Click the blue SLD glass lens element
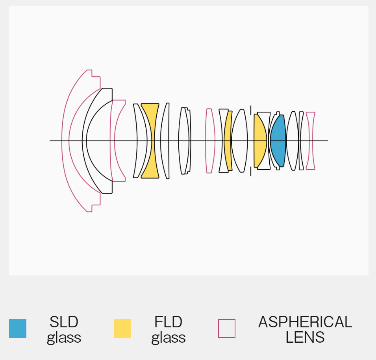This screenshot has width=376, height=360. coord(278,141)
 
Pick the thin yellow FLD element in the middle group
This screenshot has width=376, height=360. coord(228,141)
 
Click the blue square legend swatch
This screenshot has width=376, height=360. coord(18,329)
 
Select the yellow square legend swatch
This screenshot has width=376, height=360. coord(122,329)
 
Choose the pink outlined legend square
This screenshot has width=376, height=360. coord(227,329)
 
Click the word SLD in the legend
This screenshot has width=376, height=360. coord(64,322)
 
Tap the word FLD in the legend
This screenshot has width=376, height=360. coord(169,322)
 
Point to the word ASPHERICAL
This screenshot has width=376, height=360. coord(305,322)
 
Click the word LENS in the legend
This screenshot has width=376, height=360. coord(305,337)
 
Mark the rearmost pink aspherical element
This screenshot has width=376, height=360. coord(311,141)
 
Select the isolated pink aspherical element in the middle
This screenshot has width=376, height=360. coord(209,141)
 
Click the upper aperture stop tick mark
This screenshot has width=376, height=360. coord(250,110)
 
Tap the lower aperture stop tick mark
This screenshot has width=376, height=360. coord(250,172)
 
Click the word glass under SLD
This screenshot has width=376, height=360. coord(64,338)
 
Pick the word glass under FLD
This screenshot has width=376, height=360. coord(169,338)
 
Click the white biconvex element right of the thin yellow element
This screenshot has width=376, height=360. coord(239,141)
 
